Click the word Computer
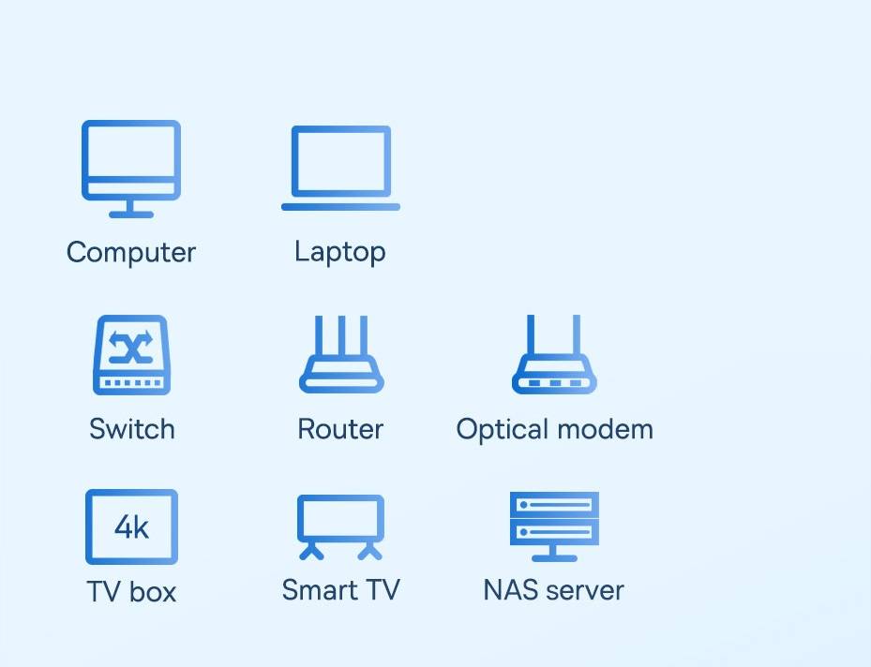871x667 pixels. point(131,253)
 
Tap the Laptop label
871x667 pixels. point(340,253)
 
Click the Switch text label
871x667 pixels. point(132,429)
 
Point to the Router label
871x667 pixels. point(340,429)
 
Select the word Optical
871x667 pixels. point(503,430)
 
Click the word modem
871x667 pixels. point(605,429)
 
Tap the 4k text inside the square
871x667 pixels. point(131,526)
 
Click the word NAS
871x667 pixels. point(512,590)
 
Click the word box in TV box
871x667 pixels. point(153,591)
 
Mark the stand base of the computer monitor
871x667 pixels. point(131,215)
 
